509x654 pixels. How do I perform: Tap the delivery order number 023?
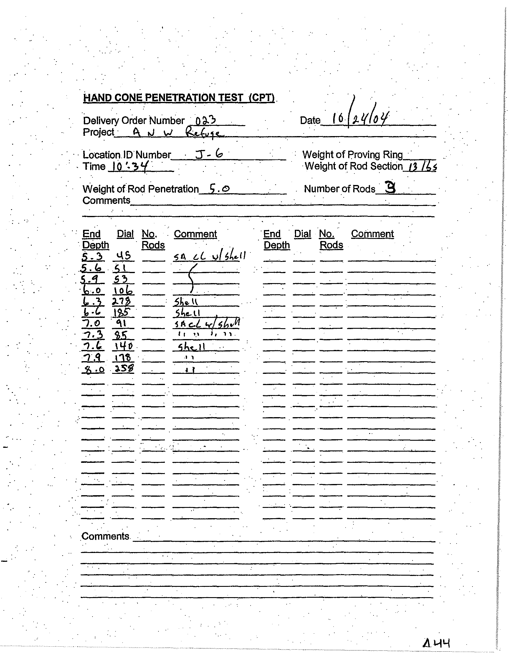(x=205, y=120)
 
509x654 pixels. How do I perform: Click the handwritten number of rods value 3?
(x=390, y=188)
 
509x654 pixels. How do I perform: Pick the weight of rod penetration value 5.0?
(x=219, y=189)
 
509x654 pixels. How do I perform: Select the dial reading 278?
(x=123, y=301)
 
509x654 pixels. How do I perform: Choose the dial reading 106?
(x=123, y=290)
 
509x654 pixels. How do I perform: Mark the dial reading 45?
(x=123, y=256)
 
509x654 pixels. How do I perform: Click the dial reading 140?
(x=123, y=346)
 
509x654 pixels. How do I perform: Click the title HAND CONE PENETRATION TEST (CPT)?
(x=179, y=98)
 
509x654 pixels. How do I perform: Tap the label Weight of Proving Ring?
(x=352, y=155)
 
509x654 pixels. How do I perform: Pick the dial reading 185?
(x=122, y=313)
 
